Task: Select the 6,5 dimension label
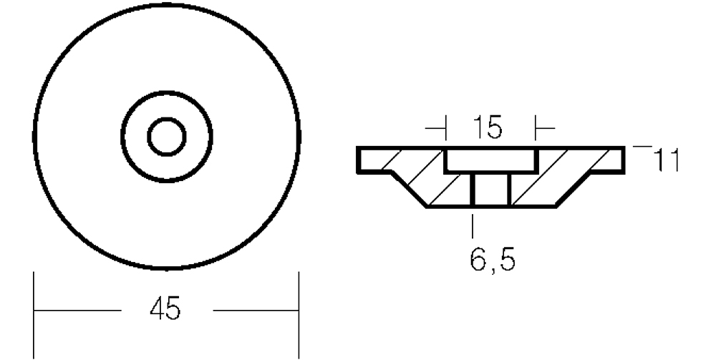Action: [x=493, y=260]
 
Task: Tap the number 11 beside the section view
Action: [x=667, y=160]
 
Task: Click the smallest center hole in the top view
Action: [x=167, y=137]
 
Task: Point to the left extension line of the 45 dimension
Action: [x=34, y=315]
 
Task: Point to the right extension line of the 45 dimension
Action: [x=299, y=315]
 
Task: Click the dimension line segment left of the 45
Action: [x=78, y=311]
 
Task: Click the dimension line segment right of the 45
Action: [x=256, y=311]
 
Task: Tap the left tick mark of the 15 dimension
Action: [x=445, y=128]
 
